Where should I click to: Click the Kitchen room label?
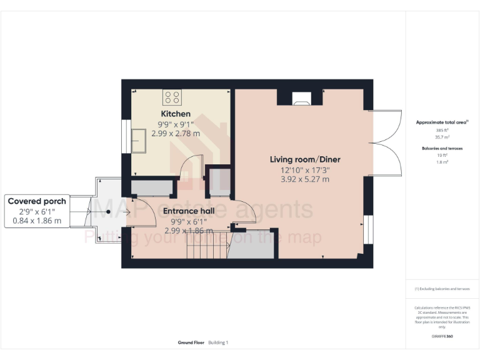click(x=176, y=114)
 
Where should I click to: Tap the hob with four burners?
click(x=173, y=97)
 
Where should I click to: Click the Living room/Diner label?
click(x=304, y=159)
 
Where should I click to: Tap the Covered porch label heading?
click(x=37, y=201)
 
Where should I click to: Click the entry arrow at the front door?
click(x=127, y=212)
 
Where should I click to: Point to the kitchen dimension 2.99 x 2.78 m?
click(x=179, y=133)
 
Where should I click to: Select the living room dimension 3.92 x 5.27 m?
click(x=304, y=179)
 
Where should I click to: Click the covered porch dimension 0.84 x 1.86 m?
click(x=37, y=221)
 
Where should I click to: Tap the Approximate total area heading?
click(x=441, y=122)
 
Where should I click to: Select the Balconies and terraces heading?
click(x=442, y=148)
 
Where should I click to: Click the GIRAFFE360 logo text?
click(x=442, y=337)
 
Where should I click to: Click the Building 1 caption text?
click(x=219, y=342)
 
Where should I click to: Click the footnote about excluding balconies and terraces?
click(x=442, y=289)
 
